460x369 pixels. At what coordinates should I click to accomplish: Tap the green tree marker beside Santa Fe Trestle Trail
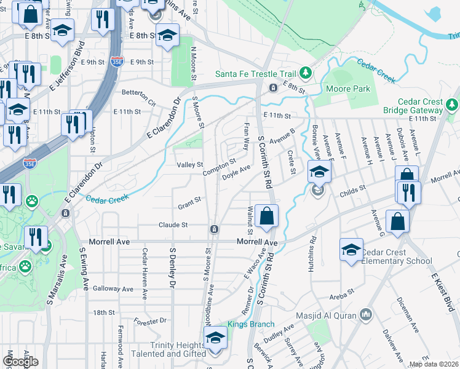pyautogui.click(x=306, y=74)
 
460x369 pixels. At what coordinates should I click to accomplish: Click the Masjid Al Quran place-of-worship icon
pyautogui.click(x=367, y=315)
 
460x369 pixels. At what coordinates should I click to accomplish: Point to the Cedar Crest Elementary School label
pyautogui.click(x=397, y=256)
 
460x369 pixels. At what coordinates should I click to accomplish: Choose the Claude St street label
pyautogui.click(x=173, y=225)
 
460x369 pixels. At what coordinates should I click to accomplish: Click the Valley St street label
pyautogui.click(x=189, y=165)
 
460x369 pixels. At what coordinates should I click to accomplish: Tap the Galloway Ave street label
pyautogui.click(x=113, y=288)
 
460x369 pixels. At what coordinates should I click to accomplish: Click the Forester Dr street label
pyautogui.click(x=150, y=320)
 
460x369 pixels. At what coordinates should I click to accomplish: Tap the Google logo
pyautogui.click(x=20, y=362)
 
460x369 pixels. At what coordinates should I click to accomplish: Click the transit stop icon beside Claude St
pyautogui.click(x=213, y=229)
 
